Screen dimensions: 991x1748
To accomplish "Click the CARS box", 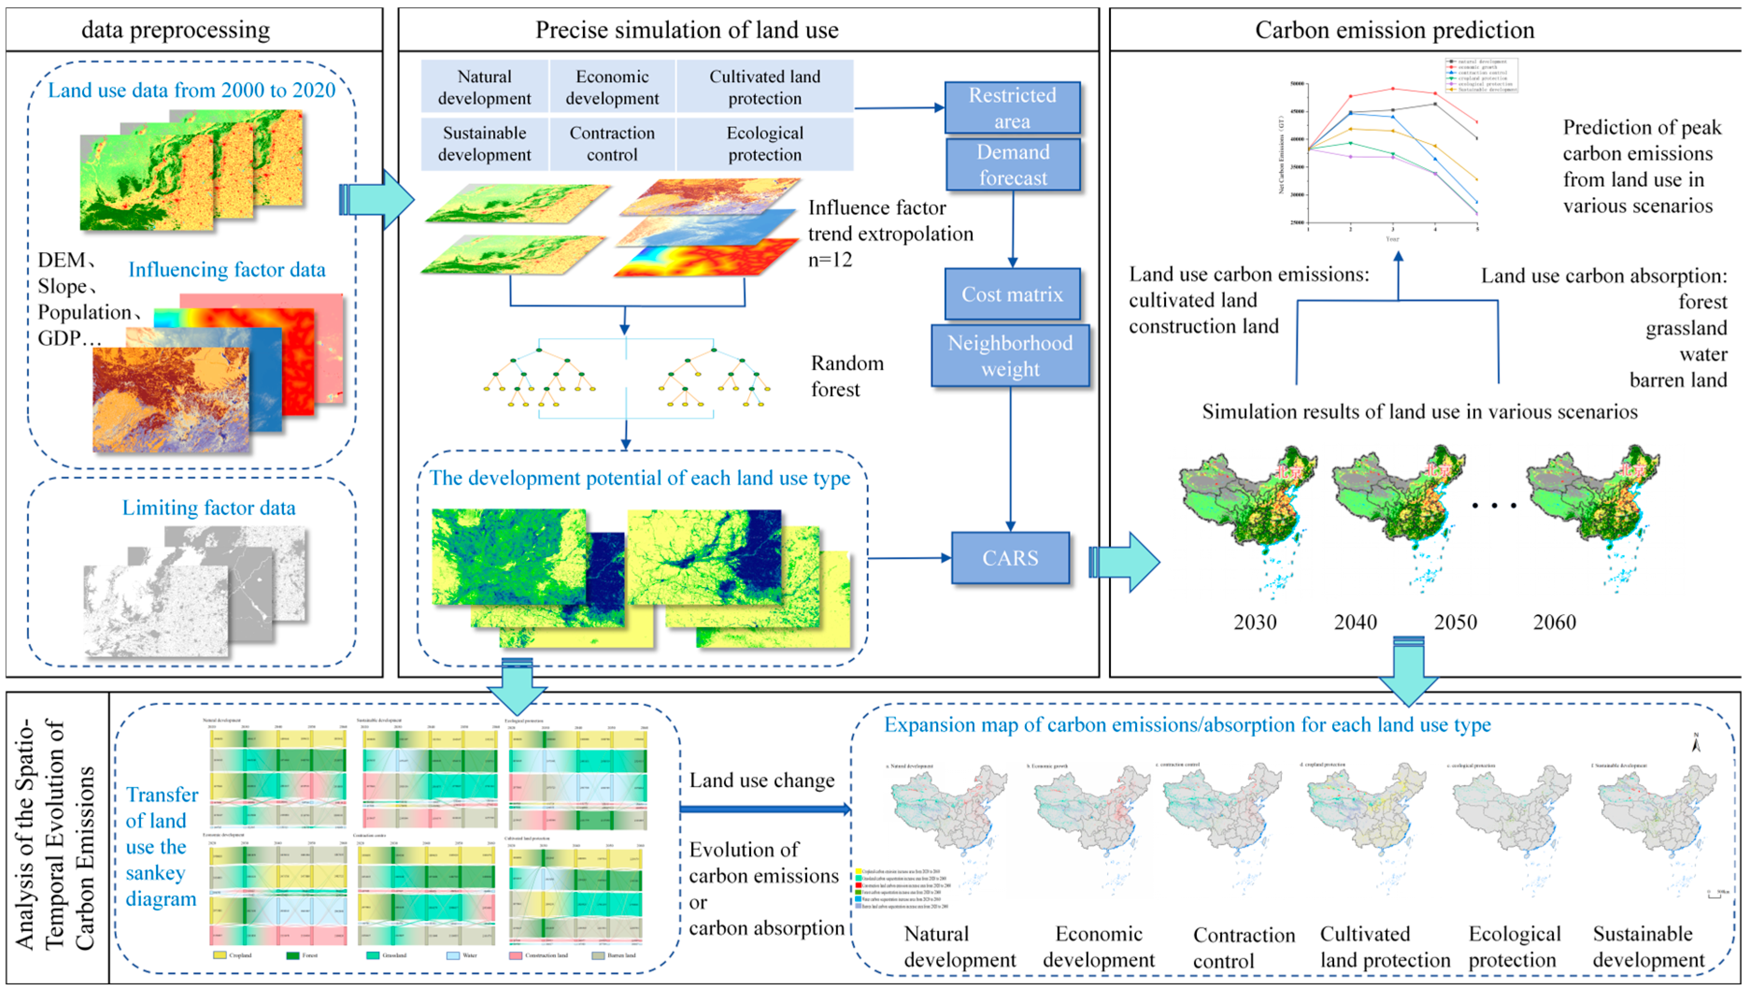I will click(1010, 558).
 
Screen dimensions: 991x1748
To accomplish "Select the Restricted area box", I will click(1012, 107).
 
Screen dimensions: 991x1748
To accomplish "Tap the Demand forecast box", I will click(1013, 165).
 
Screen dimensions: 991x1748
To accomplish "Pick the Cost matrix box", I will click(1012, 294).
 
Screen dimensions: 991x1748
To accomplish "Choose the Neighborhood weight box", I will click(1010, 355).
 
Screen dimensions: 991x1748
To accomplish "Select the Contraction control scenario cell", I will click(612, 144).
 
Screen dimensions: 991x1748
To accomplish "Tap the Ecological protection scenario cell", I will click(764, 144).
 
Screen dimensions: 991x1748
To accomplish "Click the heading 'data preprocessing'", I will click(176, 30).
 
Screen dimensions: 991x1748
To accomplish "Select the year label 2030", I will click(1255, 622).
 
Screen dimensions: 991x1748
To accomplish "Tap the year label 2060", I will click(1554, 622).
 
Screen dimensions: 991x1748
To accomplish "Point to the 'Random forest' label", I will click(847, 375).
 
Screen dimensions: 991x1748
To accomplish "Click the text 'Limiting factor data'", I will click(208, 508).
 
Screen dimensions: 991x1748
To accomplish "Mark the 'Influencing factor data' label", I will click(227, 269).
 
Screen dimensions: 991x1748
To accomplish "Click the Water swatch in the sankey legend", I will click(453, 956).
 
